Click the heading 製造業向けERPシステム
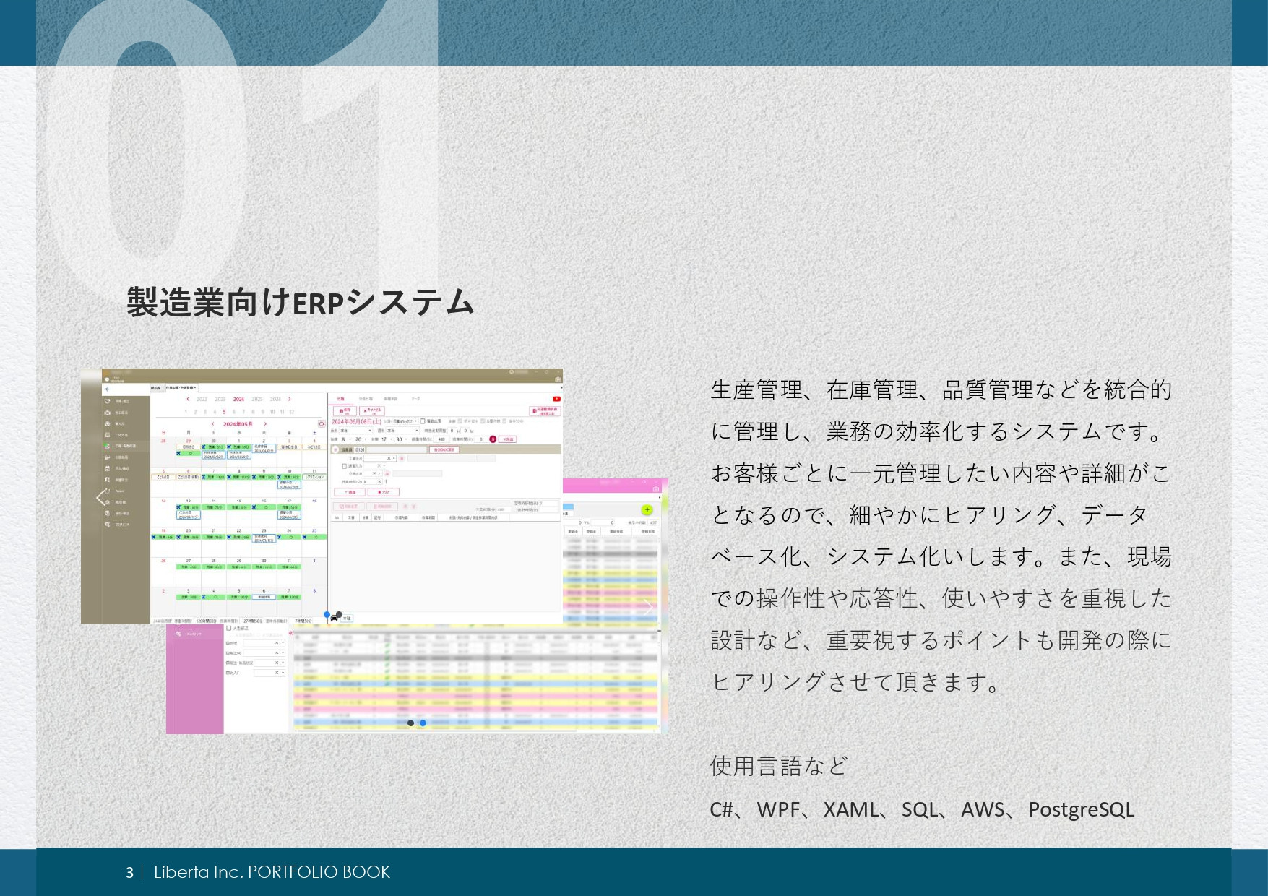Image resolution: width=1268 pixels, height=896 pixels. tap(300, 302)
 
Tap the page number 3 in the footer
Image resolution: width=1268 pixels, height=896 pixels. tap(129, 872)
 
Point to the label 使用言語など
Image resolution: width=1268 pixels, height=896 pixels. tap(779, 765)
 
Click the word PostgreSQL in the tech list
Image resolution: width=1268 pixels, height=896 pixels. tap(1081, 809)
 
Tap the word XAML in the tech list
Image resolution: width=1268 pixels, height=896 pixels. tap(851, 809)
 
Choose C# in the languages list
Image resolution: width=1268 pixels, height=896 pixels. tap(721, 809)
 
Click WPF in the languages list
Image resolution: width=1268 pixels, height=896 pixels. tap(778, 809)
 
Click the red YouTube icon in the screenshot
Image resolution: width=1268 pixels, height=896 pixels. tap(556, 399)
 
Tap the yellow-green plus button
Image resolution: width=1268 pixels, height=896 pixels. tap(647, 510)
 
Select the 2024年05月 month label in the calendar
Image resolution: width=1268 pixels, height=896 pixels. tap(238, 424)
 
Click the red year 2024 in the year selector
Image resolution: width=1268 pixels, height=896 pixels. tap(238, 399)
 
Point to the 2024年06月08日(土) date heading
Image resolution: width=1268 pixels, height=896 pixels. tap(356, 421)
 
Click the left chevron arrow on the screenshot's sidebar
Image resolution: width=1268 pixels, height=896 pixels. tap(100, 497)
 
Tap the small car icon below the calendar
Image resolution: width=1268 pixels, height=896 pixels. tap(334, 619)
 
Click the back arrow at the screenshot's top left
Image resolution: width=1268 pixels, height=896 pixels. tap(108, 389)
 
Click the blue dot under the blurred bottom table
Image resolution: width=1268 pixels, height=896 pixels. tap(423, 723)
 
